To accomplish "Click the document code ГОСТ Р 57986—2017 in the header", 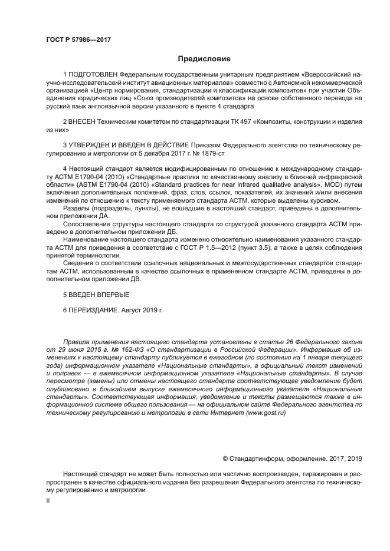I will [78, 39].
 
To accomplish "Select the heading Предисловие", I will [205, 59].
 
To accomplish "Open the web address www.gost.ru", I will [267, 413].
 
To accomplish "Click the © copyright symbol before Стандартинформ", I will [225, 458].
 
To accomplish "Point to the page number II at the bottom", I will [48, 500].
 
